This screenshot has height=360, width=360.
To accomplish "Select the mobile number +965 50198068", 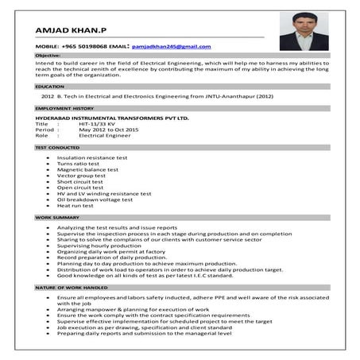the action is pos(85,48).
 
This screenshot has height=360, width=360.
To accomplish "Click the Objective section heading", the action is pos(48,56).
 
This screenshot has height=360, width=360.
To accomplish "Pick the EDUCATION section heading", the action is pos(49,86).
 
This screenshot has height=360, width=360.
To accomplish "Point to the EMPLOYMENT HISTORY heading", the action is pos(64,106).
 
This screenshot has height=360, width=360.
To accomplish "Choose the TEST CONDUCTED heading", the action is pos(57,148).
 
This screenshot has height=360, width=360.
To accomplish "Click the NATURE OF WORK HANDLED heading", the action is pos(72,286).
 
